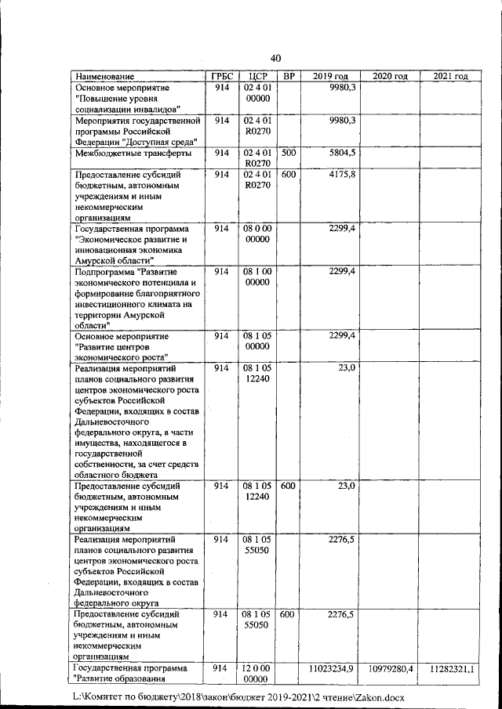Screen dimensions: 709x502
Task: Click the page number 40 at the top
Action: (275, 58)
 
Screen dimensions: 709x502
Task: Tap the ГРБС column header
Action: (220, 77)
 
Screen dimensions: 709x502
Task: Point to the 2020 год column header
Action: (391, 77)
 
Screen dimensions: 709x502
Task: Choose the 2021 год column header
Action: (450, 77)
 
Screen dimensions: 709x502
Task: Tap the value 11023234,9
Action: (333, 667)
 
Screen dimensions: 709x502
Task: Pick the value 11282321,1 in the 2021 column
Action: (451, 667)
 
